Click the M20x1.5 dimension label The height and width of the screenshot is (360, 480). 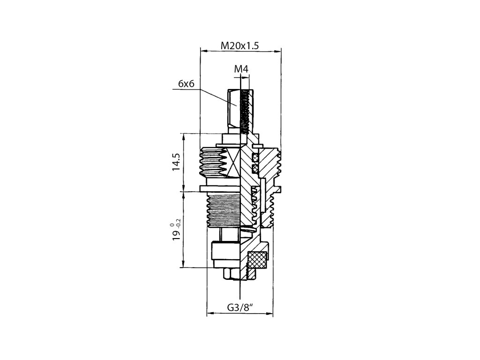point(240,45)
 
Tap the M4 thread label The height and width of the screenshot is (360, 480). point(241,69)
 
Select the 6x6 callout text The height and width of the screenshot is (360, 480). point(186,83)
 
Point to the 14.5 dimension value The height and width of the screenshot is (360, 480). point(176,161)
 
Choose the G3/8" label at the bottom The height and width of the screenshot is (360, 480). point(240,307)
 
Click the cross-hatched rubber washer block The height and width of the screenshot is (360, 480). point(256,260)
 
